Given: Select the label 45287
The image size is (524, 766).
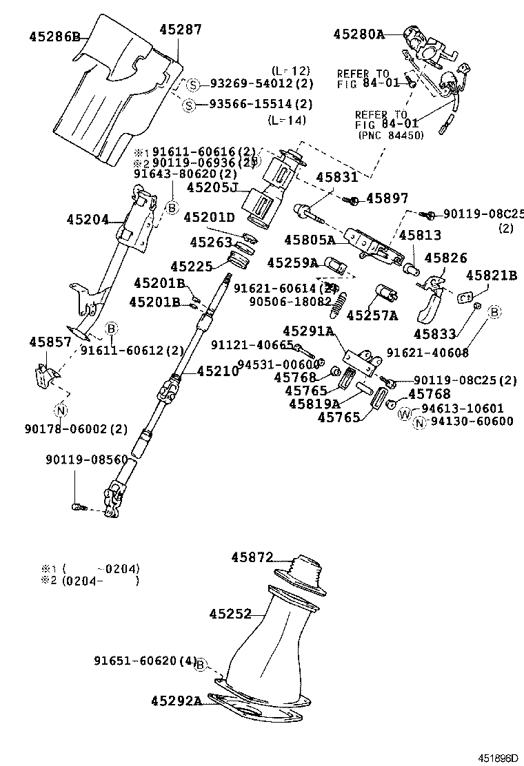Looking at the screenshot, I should pos(181,30).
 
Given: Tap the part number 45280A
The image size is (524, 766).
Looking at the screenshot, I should pos(359,33).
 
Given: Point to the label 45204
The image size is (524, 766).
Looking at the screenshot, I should pos(88,220).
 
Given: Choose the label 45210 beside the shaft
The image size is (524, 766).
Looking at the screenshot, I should pos(217,371).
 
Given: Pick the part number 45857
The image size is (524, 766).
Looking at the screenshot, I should pos(50,342).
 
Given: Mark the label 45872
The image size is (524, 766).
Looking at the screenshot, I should pos(252,557).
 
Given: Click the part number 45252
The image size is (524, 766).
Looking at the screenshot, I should pos(230,612).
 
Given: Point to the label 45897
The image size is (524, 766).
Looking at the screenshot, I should pos(387,198).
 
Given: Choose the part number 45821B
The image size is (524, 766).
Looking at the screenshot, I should pos(492,276).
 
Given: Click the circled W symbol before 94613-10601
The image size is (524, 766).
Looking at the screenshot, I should pos(405,413).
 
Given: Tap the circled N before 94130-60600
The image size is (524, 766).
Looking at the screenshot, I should pos(419,422).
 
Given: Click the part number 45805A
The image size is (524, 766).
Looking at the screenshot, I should pos(310,240).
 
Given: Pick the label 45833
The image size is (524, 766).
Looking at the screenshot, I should pos(434,334).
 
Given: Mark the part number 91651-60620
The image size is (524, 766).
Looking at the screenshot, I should pos(136,661).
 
